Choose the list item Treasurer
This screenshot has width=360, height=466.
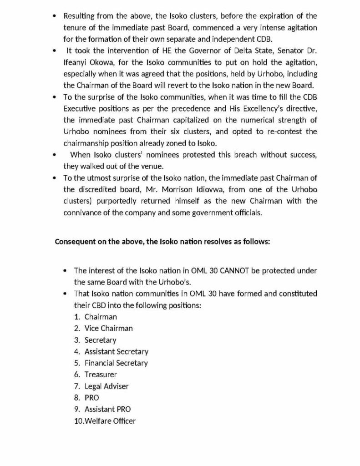(x=101, y=375)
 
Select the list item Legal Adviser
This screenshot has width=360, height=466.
(x=106, y=386)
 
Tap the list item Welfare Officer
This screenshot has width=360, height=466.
(x=110, y=421)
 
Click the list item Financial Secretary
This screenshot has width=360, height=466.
(x=116, y=363)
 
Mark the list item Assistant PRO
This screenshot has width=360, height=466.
(x=107, y=409)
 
